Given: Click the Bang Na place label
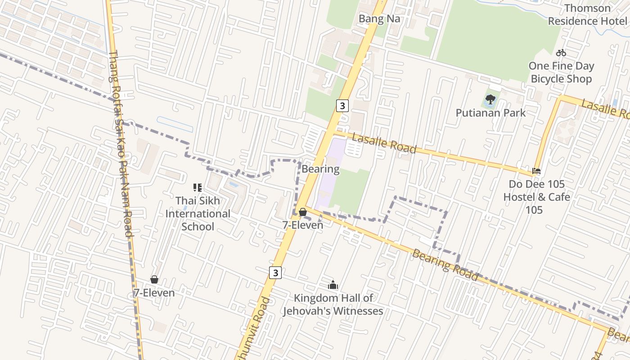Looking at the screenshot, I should pyautogui.click(x=379, y=19).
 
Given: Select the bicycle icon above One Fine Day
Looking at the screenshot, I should pyautogui.click(x=561, y=53).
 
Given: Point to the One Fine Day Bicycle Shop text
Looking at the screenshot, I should pyautogui.click(x=561, y=72).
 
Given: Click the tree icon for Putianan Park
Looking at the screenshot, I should pyautogui.click(x=490, y=99).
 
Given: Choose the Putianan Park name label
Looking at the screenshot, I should pyautogui.click(x=490, y=112).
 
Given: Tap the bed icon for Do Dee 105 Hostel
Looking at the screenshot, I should pyautogui.click(x=536, y=171).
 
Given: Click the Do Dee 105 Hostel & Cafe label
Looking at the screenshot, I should pyautogui.click(x=536, y=197).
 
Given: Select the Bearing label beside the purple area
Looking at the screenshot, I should pyautogui.click(x=320, y=169).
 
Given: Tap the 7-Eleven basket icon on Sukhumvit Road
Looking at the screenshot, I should pyautogui.click(x=303, y=211).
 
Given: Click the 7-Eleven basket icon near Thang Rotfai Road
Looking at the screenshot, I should pyautogui.click(x=154, y=279).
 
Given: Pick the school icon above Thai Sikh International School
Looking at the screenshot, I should pyautogui.click(x=198, y=187).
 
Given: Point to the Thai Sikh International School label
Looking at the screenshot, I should pyautogui.click(x=198, y=213).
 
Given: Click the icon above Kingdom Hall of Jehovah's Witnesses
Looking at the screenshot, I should pyautogui.click(x=333, y=285).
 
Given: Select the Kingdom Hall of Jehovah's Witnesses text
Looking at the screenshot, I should pyautogui.click(x=333, y=304).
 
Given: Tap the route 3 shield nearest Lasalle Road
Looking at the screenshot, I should pyautogui.click(x=342, y=106).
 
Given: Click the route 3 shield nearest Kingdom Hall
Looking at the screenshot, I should pyautogui.click(x=276, y=272).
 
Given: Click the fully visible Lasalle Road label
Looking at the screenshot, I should pyautogui.click(x=384, y=143).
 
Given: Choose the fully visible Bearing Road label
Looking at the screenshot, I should pyautogui.click(x=445, y=265).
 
